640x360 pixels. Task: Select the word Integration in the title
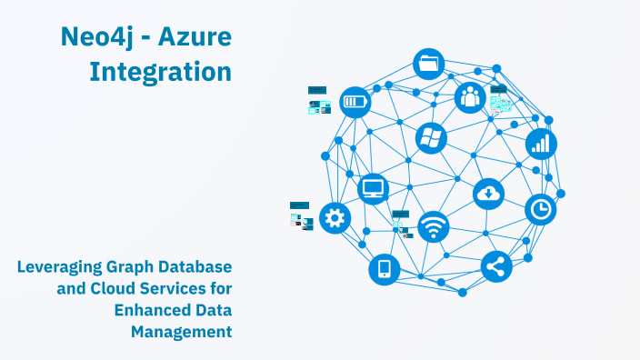[x=160, y=70]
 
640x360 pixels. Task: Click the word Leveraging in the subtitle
[x=60, y=266]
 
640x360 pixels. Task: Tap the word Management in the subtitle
[x=181, y=332]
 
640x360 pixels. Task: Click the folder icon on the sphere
[x=428, y=64]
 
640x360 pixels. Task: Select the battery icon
[x=355, y=101]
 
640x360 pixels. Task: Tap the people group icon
[x=470, y=95]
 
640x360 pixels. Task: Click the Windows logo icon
[x=431, y=138]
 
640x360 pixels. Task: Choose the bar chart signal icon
[x=541, y=143]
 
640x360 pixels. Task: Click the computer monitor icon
[x=374, y=189]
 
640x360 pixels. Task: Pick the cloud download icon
[x=489, y=193]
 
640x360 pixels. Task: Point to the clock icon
[x=540, y=209]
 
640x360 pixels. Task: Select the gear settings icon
[x=335, y=218]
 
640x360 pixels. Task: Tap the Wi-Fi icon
[x=434, y=226]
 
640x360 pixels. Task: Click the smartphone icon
[x=384, y=268]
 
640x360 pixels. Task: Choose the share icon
[x=496, y=266]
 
